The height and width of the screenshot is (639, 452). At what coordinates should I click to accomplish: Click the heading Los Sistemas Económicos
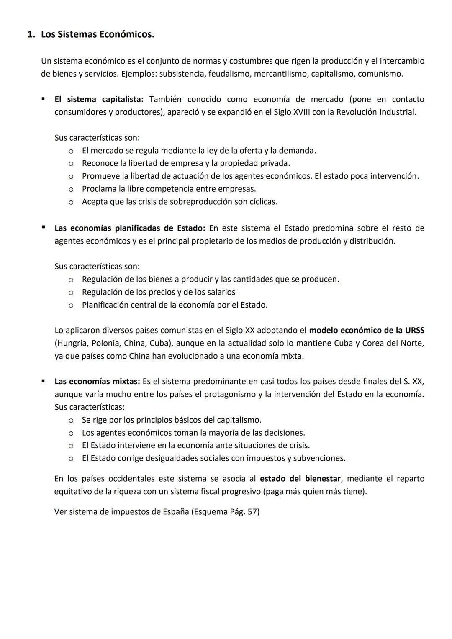coord(98,35)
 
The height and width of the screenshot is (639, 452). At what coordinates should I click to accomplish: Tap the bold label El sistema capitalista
coord(99,100)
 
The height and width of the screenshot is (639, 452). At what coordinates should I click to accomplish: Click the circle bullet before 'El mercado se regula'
coord(71,151)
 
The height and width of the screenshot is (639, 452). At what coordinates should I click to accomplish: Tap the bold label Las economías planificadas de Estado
coord(130,228)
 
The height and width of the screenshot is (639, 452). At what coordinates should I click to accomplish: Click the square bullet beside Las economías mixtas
coord(43,381)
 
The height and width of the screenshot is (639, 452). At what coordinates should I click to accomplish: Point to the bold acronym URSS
coord(414,331)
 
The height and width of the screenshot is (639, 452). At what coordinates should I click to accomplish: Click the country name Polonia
coord(105,344)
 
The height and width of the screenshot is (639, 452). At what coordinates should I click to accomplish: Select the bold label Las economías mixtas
coord(98,382)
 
